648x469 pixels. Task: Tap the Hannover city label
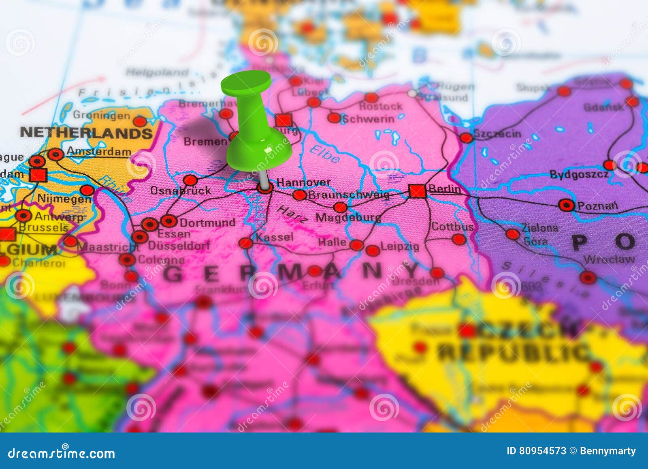303,182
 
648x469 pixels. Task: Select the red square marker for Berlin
417,191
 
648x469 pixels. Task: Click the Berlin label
444,188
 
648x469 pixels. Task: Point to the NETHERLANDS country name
86,133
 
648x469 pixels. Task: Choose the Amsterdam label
99,152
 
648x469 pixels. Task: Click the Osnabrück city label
181,191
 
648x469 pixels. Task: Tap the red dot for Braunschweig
299,195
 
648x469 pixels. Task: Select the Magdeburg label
348,218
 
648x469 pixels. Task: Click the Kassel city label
275,237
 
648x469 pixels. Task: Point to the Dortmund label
207,223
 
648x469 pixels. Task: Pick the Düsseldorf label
179,245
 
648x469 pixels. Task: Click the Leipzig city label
400,246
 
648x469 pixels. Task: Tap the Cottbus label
452,226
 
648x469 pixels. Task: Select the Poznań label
598,206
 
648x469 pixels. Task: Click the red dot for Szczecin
466,138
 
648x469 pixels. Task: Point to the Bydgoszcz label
579,175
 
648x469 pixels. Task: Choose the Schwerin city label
368,119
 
